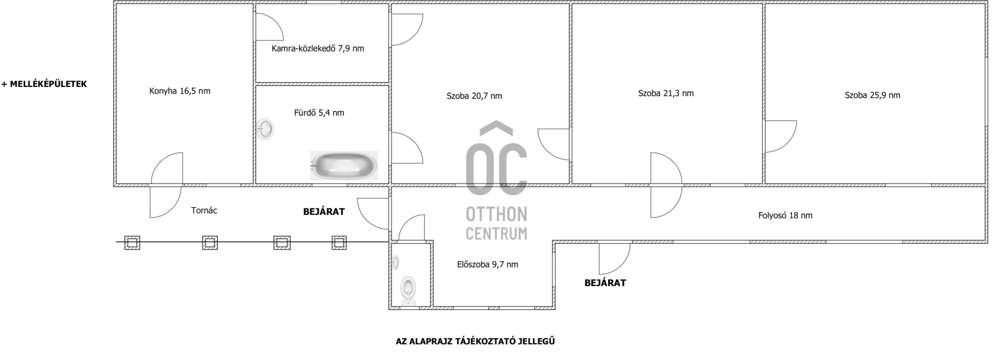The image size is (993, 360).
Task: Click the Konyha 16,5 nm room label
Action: (179, 91)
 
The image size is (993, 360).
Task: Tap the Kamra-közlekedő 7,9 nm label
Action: (318, 49)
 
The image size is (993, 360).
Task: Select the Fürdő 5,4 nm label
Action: (319, 113)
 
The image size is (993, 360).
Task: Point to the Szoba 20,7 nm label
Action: (474, 96)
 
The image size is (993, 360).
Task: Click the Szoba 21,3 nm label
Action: (666, 94)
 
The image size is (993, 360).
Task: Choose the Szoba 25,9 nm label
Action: (872, 95)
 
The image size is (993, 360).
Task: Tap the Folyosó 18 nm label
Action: (785, 216)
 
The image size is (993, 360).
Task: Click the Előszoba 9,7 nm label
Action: (487, 265)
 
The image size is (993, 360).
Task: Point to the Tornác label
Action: (204, 211)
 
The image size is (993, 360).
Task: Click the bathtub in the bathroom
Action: (344, 166)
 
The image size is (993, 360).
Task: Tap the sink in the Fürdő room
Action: (265, 129)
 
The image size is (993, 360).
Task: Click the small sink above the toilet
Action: (396, 263)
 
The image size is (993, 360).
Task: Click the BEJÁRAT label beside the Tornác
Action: (324, 212)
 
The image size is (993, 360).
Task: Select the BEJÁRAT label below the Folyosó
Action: (605, 283)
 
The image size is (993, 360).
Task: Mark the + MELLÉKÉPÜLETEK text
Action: (44, 84)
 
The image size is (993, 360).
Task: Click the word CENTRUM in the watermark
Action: (496, 233)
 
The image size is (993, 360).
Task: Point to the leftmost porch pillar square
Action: (132, 242)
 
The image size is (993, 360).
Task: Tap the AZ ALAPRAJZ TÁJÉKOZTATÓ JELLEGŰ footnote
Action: (475, 341)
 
